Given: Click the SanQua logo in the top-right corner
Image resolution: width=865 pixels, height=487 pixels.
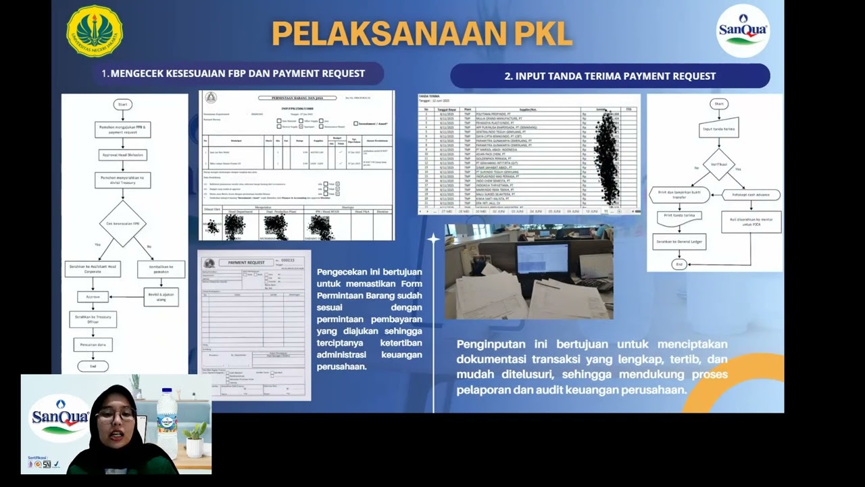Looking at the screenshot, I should pos(743,30).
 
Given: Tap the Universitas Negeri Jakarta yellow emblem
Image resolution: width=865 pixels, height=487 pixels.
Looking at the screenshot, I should pos(95,31).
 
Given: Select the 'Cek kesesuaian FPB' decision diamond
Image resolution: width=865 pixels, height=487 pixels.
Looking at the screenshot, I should pos(122,223).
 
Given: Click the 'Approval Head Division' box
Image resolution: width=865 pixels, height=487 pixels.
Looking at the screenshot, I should pos(122,154).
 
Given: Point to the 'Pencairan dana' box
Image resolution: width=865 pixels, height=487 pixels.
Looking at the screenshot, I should pos(93,344).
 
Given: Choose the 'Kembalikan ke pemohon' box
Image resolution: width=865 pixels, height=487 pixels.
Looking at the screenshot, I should pos(161,269).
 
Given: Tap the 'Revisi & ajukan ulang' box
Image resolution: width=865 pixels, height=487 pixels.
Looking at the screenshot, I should pos(161,296).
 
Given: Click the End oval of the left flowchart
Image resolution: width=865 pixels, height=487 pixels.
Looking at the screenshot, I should pos(93,366).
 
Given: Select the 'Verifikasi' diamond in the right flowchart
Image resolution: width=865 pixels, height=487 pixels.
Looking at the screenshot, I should pos(718,164).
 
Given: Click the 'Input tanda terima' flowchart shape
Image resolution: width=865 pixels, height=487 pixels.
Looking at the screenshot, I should pos(718,129).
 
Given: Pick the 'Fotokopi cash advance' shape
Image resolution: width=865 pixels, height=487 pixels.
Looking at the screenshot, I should pos(751,195).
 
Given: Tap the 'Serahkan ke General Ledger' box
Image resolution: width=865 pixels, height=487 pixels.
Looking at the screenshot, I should pos(679,241).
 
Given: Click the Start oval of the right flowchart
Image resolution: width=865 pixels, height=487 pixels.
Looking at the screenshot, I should pos(718,104).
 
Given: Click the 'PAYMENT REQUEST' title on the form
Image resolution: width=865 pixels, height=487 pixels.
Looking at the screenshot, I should pos(246,262).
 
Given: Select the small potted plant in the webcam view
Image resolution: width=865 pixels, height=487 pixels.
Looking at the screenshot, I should pos(195,439).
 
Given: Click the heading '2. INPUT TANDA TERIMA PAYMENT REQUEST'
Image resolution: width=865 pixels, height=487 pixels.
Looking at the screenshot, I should pos(610,76).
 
